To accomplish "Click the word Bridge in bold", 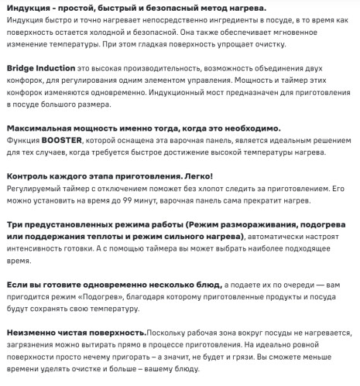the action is (22, 68).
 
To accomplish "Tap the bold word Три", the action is (14, 224).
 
